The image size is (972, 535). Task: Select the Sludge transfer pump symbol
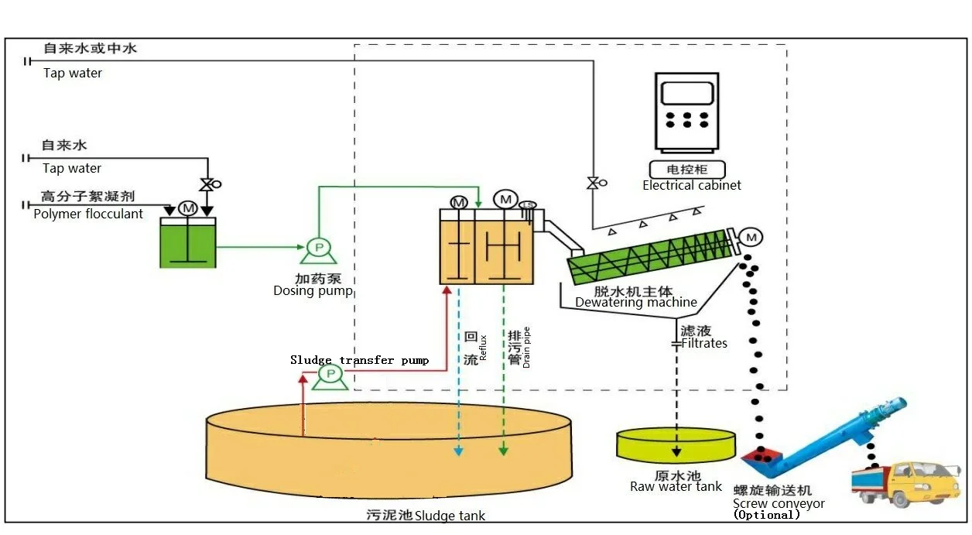[330, 375]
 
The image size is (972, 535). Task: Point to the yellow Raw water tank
[676, 444]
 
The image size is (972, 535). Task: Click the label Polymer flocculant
[88, 214]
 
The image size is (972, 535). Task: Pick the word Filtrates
[704, 343]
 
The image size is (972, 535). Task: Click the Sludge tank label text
[450, 516]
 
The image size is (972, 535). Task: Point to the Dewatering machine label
[635, 303]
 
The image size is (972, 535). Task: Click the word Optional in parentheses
[766, 515]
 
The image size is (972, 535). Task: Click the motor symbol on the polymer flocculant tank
[187, 207]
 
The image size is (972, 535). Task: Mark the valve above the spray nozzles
[594, 183]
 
